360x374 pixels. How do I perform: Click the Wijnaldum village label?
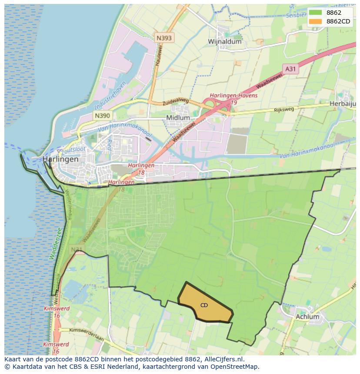pyautogui.click(x=224, y=42)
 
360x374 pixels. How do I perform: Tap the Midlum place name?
pyautogui.click(x=178, y=118)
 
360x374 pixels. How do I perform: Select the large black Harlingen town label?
pyautogui.click(x=60, y=159)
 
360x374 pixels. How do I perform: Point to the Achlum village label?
pyautogui.click(x=307, y=317)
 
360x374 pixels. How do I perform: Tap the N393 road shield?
pyautogui.click(x=164, y=38)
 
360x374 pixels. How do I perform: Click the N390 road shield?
pyautogui.click(x=102, y=116)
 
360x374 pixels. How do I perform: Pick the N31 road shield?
pyautogui.click(x=77, y=249)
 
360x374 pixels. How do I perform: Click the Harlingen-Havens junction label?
pyautogui.click(x=233, y=96)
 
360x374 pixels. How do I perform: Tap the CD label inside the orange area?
pyautogui.click(x=204, y=305)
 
